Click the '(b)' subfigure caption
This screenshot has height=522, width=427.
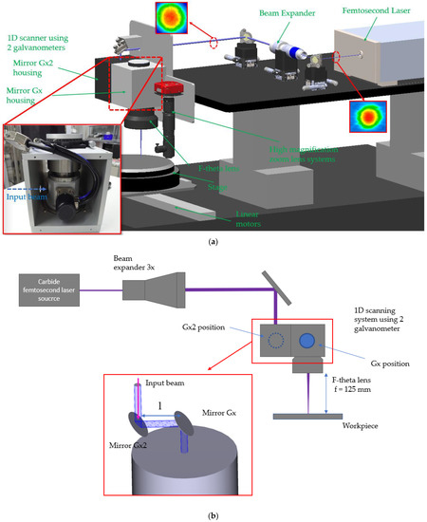(x=213, y=512)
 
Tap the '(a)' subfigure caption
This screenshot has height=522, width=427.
(x=213, y=242)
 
